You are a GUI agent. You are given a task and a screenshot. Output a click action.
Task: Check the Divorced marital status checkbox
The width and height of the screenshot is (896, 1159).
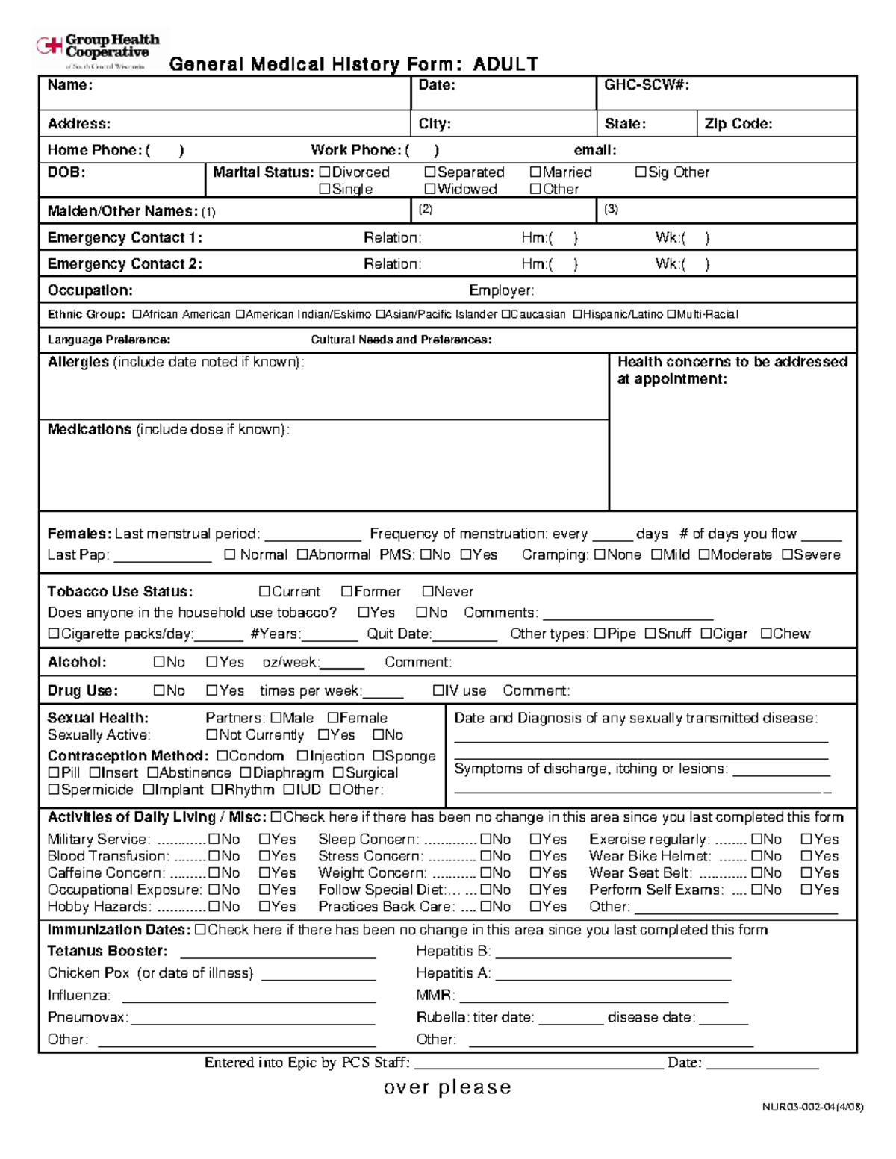(x=325, y=172)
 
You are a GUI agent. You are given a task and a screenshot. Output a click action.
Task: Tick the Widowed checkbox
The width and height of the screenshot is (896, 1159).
(x=430, y=190)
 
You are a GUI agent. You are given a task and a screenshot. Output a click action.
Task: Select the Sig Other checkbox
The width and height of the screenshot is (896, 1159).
(x=641, y=172)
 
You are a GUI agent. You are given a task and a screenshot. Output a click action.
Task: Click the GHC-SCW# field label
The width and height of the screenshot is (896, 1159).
(x=647, y=85)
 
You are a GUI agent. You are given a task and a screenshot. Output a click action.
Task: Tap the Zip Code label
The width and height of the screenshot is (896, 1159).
(x=738, y=124)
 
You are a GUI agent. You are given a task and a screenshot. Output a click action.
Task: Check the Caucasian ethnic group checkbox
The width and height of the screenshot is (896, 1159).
(x=505, y=315)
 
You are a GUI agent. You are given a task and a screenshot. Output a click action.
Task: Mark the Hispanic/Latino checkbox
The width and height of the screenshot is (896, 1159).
(x=577, y=315)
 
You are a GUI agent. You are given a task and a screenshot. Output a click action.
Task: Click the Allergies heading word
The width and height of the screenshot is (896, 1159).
(x=78, y=363)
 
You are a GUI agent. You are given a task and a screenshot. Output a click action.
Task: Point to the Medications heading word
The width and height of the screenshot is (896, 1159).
(x=90, y=430)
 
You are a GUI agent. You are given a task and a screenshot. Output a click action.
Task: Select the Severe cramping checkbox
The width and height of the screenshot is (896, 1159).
(x=787, y=555)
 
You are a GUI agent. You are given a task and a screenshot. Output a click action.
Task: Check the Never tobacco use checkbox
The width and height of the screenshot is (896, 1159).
(x=428, y=592)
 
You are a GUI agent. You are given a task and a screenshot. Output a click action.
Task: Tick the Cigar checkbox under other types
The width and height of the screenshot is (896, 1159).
(x=706, y=634)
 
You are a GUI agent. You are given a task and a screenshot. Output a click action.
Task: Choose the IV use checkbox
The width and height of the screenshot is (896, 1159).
(x=438, y=691)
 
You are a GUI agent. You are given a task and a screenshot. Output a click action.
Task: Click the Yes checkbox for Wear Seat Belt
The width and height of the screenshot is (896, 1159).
(x=806, y=873)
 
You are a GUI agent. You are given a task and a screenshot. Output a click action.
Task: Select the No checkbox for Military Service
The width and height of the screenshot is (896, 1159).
(x=214, y=840)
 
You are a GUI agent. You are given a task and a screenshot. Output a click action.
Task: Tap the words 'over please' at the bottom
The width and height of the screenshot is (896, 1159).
(x=447, y=1087)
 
